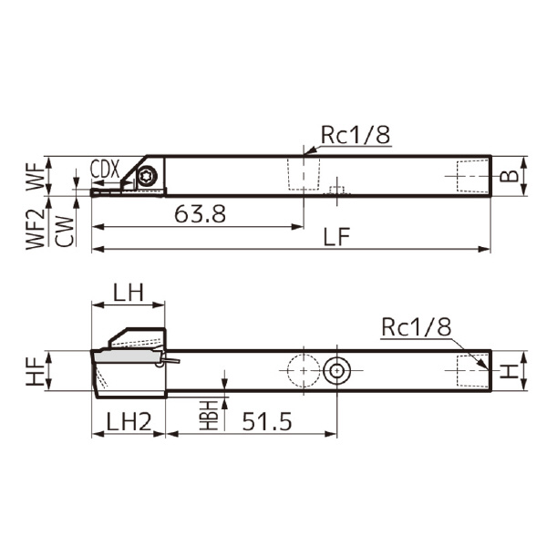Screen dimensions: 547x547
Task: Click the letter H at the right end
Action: (512, 370)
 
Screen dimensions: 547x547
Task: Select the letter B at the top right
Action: (513, 173)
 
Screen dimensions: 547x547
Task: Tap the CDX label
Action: (105, 169)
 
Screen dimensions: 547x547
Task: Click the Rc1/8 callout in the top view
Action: (354, 135)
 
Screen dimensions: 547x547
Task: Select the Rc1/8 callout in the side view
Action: (417, 326)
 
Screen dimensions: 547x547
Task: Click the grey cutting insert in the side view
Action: (128, 359)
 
